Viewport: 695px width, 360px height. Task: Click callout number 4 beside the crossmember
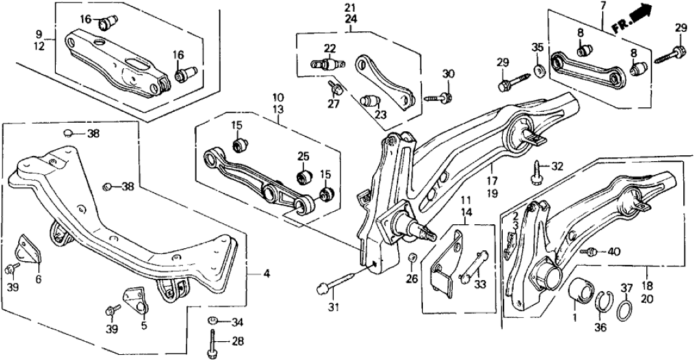(x=266, y=274)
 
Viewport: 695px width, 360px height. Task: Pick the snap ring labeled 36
(x=602, y=300)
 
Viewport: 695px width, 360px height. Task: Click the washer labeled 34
(x=212, y=320)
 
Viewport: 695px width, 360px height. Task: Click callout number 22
(x=331, y=47)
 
